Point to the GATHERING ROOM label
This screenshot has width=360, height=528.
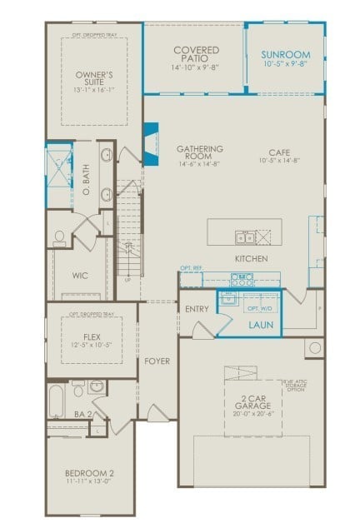point(200,153)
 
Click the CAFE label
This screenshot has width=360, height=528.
point(279,152)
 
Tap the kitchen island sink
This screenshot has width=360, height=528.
point(242,236)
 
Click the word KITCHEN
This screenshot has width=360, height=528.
point(251,260)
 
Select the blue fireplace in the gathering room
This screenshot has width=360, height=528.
point(151,142)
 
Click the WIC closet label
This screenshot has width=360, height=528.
point(81,275)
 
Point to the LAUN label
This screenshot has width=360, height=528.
point(261,324)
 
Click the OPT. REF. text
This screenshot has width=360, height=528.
point(191,268)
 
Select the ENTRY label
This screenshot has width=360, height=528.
point(197,309)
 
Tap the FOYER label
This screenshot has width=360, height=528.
point(157,361)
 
